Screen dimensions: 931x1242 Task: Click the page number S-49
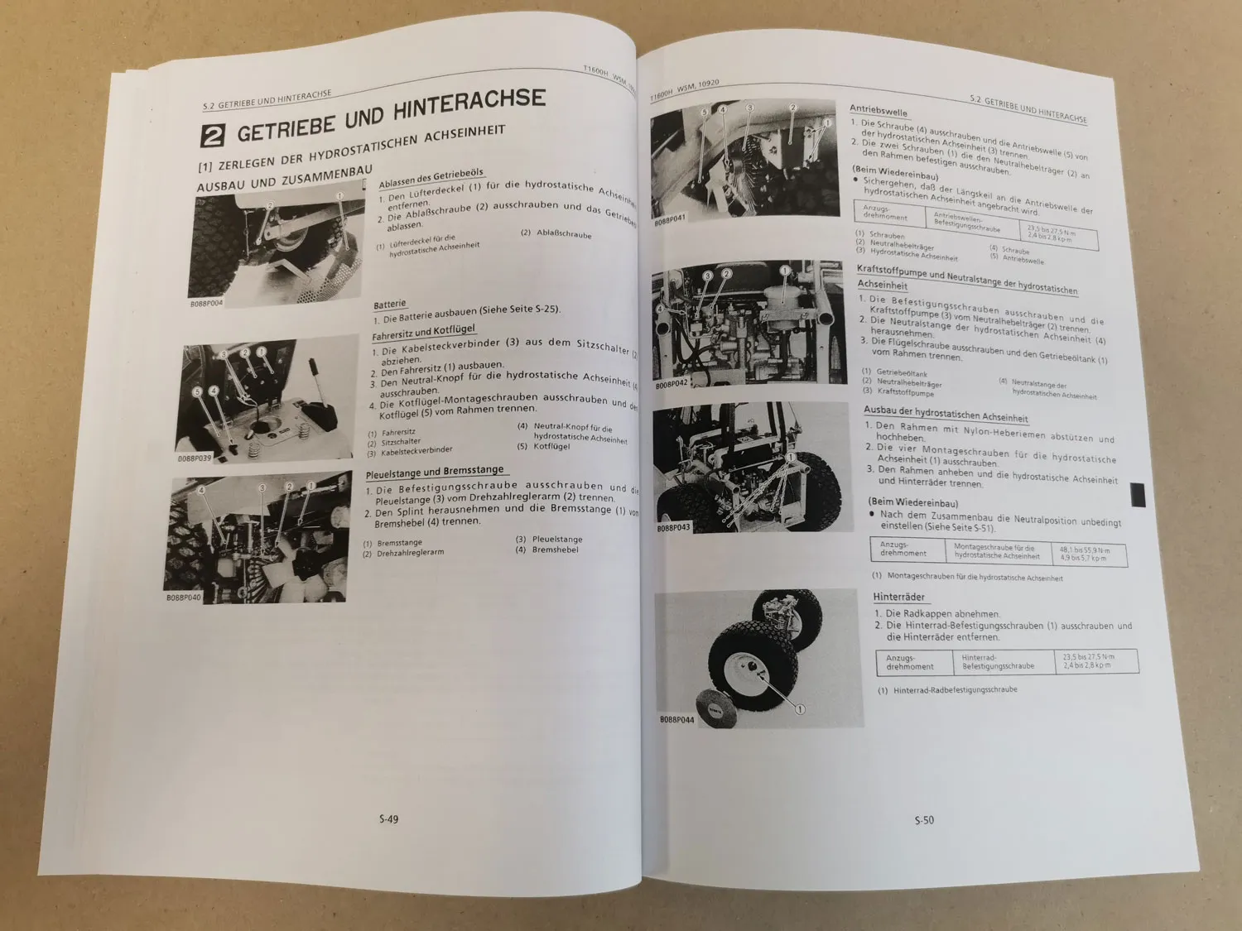click(x=388, y=819)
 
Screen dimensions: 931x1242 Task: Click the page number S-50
click(x=924, y=820)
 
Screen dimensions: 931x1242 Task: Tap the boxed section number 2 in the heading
click(x=214, y=137)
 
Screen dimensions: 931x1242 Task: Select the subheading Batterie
click(x=389, y=305)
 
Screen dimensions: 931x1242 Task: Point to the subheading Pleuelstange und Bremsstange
click(x=434, y=473)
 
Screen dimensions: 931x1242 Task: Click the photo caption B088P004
click(x=206, y=303)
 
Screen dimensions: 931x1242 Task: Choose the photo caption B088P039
click(x=195, y=458)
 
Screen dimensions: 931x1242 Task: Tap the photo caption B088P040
click(x=183, y=597)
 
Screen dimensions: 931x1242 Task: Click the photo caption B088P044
click(x=676, y=721)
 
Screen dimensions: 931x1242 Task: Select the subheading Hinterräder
click(x=898, y=597)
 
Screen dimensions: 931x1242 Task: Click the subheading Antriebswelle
click(x=879, y=111)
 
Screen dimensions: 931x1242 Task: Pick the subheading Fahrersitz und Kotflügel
click(x=423, y=333)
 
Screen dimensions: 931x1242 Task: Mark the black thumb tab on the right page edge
click(x=1138, y=496)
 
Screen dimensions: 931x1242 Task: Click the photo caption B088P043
click(x=673, y=527)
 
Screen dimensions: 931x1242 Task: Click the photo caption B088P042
click(x=672, y=386)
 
